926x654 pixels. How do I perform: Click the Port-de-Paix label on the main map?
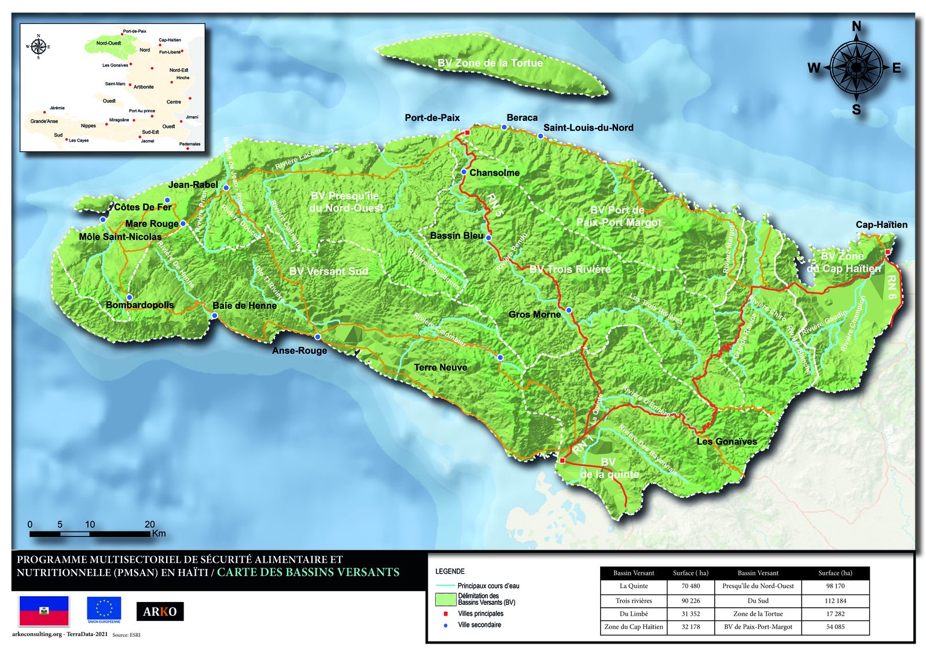tap(432, 117)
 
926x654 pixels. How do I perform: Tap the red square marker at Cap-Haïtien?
tap(887, 252)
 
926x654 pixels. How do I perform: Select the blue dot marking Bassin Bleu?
tap(488, 238)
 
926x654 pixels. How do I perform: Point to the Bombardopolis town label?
tap(139, 305)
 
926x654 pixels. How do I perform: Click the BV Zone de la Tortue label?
tap(490, 63)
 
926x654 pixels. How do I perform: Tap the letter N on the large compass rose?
tap(856, 26)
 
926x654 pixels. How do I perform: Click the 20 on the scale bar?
tap(149, 524)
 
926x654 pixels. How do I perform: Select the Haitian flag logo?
tap(44, 611)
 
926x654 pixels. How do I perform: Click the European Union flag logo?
tap(104, 610)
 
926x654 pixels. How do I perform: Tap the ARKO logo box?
tap(160, 611)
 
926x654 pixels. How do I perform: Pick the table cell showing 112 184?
tap(835, 600)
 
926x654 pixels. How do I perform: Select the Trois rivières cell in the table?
tap(634, 600)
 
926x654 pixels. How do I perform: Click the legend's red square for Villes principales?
tap(446, 614)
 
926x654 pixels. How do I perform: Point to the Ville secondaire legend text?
tap(479, 625)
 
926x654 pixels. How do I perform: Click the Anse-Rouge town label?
tap(299, 350)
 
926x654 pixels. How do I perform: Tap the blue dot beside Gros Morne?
tap(569, 311)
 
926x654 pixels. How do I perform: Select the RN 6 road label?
tap(891, 287)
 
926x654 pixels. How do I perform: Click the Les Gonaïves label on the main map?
tap(726, 441)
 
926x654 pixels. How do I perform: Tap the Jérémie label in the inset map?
tap(57, 108)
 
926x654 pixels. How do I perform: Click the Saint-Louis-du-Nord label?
tap(588, 127)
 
